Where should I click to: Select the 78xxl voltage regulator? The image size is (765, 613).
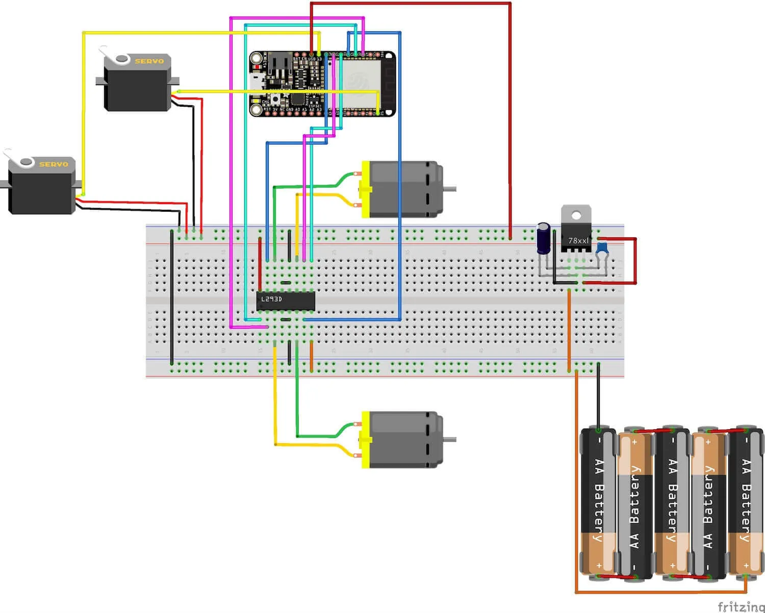(x=576, y=240)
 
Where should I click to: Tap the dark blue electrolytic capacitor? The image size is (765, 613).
(x=544, y=238)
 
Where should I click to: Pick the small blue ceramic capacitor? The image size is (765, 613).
(x=602, y=248)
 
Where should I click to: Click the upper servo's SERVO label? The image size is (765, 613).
(x=149, y=61)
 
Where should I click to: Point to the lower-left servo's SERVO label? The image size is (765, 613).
(x=53, y=164)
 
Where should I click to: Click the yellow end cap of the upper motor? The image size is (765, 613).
(x=365, y=189)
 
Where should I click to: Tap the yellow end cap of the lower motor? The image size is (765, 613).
(x=365, y=439)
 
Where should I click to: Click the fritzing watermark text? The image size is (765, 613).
(x=741, y=606)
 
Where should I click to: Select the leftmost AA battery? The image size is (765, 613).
(x=599, y=503)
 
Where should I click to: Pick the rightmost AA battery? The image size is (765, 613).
(x=746, y=503)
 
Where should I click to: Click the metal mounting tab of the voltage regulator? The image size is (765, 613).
(x=576, y=214)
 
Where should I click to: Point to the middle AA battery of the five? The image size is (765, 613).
(x=672, y=503)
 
